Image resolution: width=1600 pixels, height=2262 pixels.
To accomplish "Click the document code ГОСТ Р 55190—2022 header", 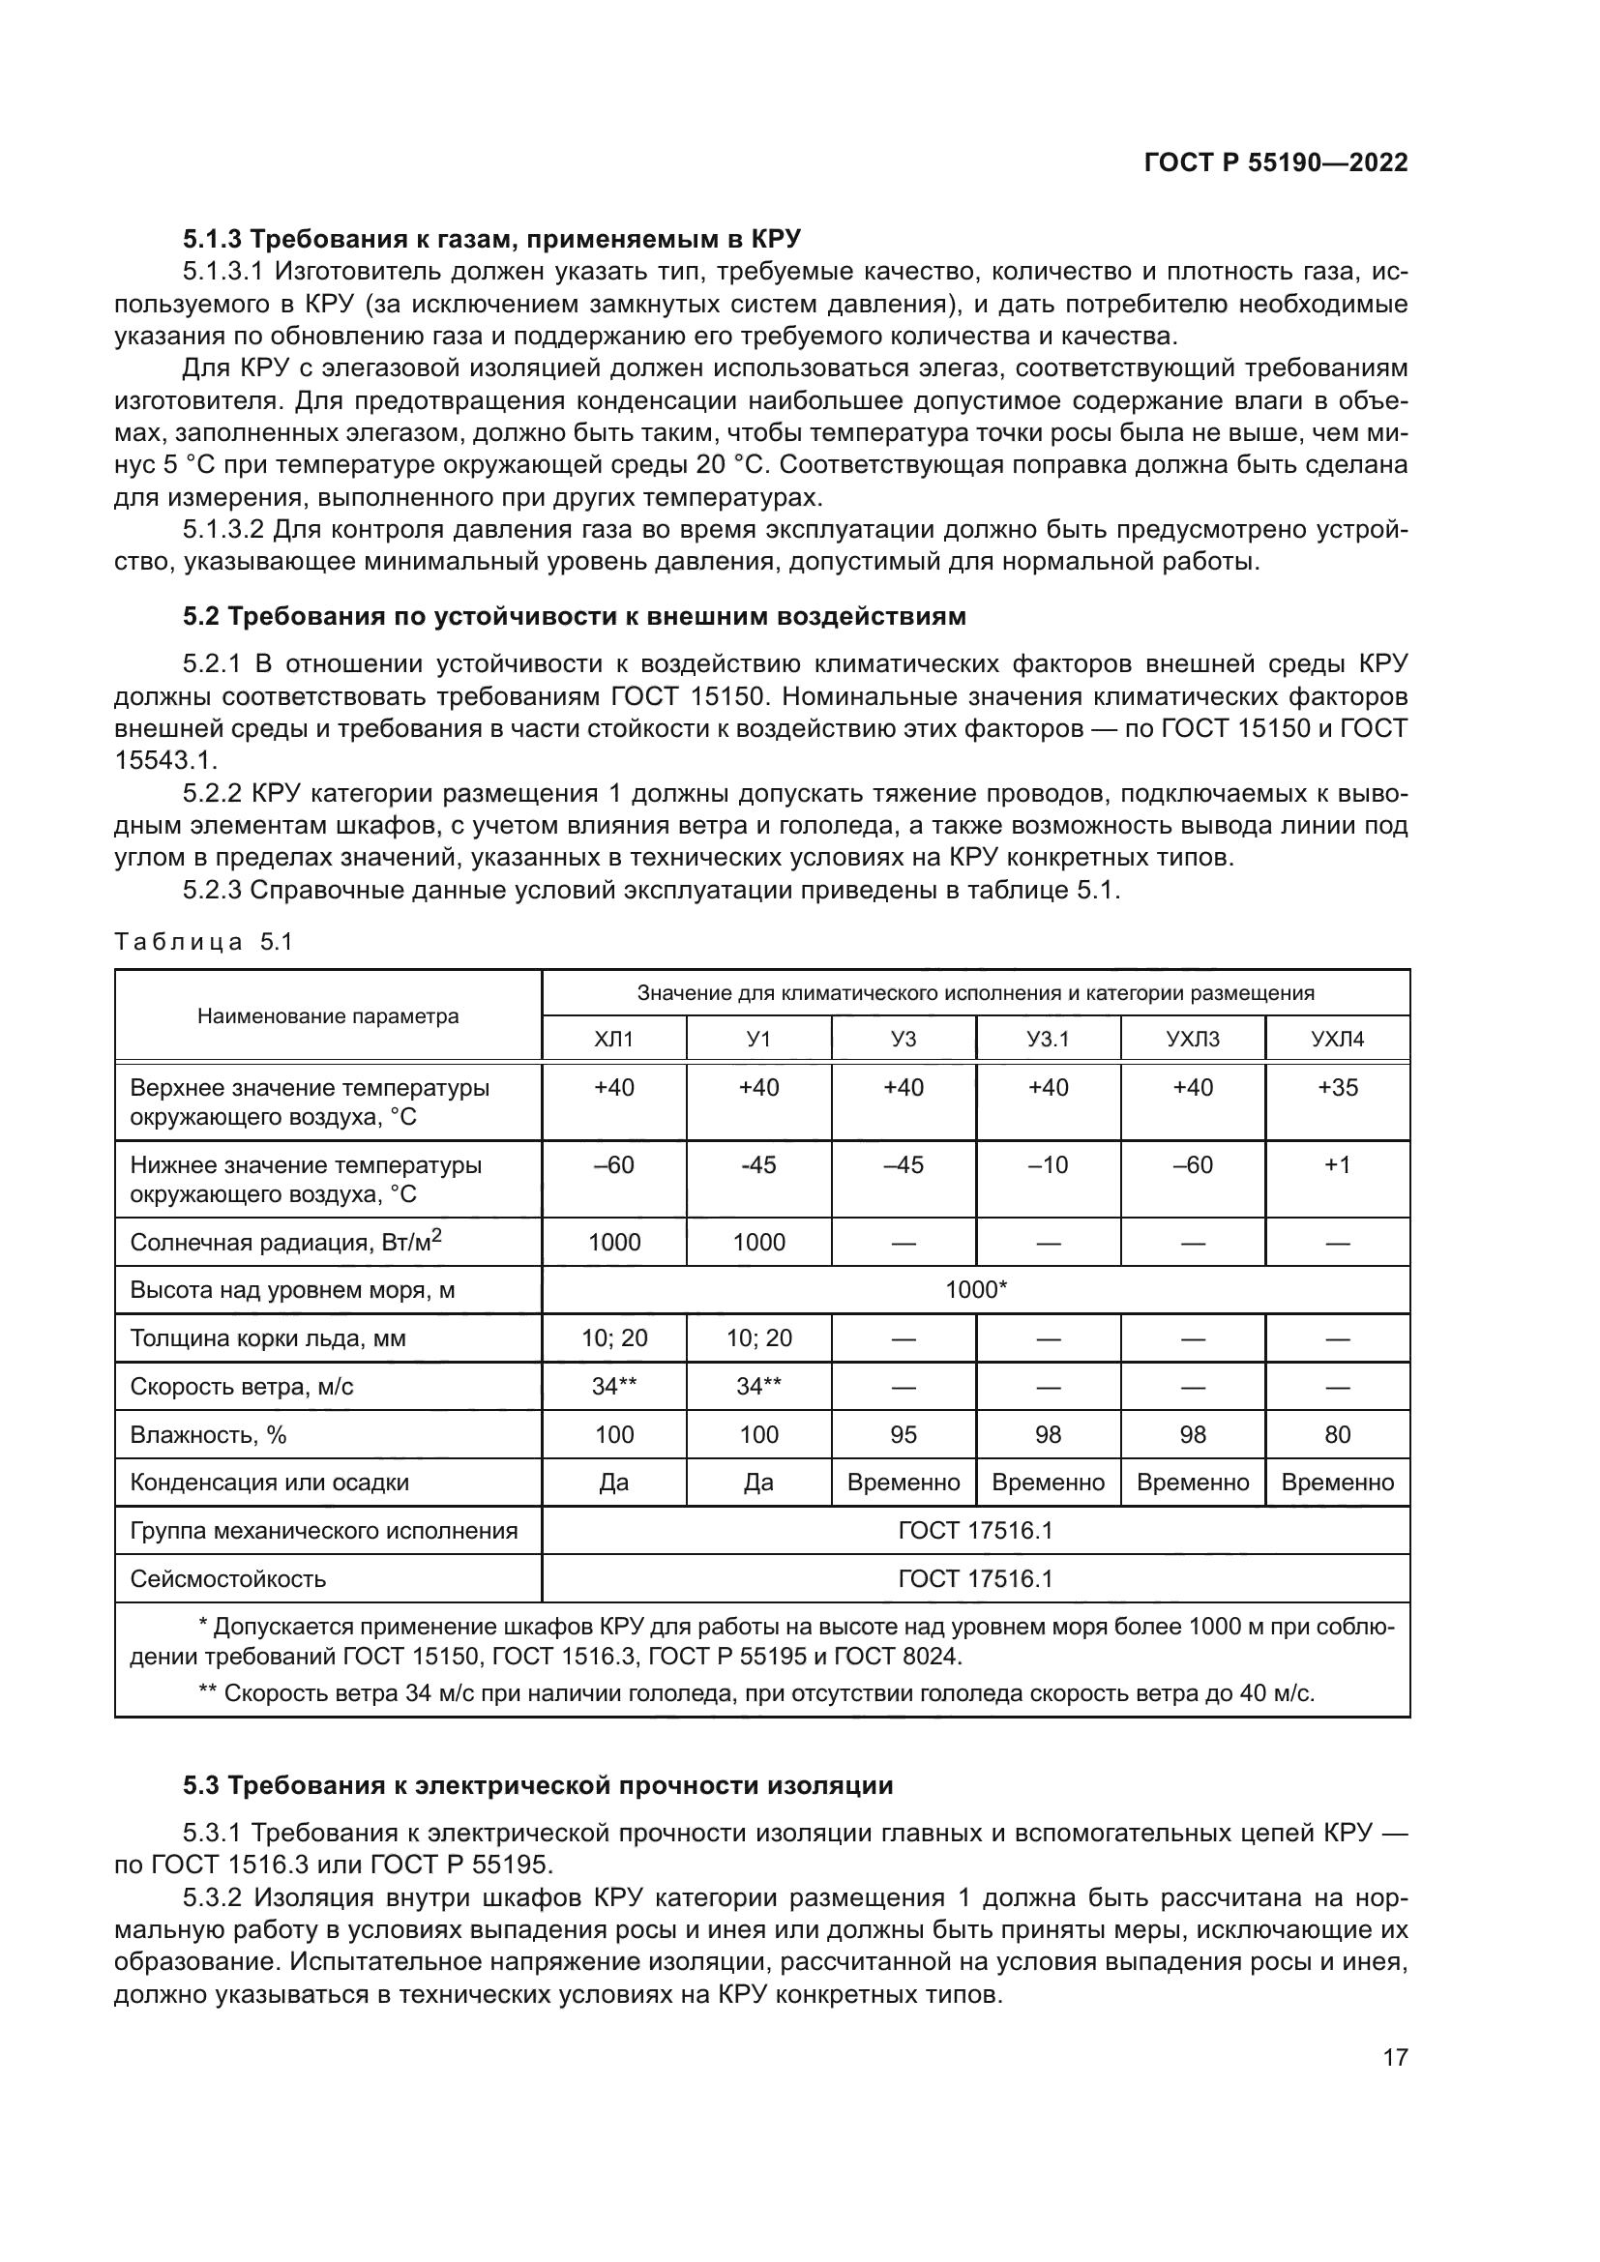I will (1275, 162).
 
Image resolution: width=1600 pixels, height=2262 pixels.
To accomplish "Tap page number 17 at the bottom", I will (1395, 2057).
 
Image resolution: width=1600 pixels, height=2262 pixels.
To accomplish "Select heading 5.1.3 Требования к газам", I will (491, 239).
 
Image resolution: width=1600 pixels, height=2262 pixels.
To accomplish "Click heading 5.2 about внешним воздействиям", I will (575, 617).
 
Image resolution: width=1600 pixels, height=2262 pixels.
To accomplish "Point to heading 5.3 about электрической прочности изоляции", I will (538, 1785).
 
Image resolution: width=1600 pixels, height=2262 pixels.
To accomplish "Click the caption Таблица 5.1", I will (204, 942).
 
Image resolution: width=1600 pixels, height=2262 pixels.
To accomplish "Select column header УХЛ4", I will (1337, 1039).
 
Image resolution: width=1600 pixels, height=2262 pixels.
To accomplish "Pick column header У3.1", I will (1048, 1039).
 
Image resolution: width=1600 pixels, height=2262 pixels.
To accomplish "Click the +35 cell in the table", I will (1337, 1088).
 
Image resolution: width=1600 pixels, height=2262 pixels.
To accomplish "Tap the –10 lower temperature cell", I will (1048, 1164).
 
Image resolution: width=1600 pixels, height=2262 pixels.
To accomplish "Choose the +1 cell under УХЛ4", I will (1337, 1164).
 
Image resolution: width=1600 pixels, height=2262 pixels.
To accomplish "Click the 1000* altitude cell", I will (975, 1290).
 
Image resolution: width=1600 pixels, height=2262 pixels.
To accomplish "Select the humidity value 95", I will (904, 1434).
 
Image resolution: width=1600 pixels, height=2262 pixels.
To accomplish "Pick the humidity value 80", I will (1337, 1434).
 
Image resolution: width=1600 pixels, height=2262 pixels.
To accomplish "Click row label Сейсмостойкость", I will (227, 1579).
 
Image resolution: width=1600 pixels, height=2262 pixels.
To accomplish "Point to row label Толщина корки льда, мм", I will (268, 1337).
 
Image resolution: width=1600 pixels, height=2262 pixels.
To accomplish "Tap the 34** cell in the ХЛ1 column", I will (614, 1386).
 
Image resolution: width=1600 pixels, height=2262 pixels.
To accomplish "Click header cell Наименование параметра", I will (328, 1015).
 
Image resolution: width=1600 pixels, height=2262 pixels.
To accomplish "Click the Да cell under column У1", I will (758, 1483).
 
